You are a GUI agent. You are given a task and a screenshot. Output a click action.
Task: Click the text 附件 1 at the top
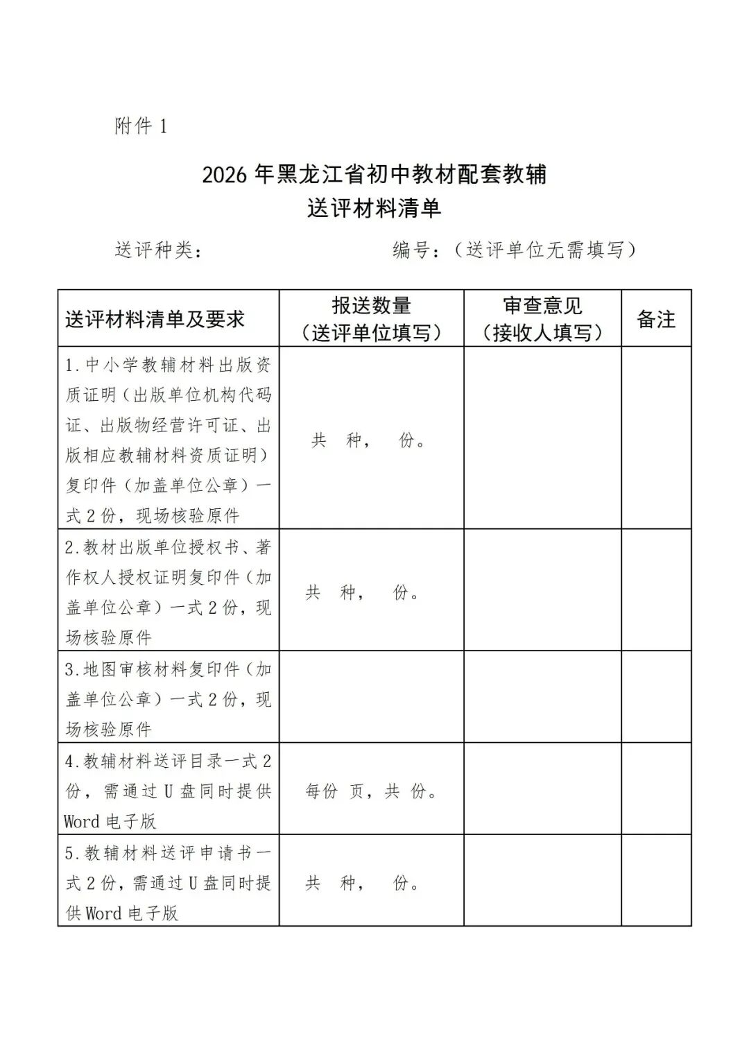[x=141, y=126]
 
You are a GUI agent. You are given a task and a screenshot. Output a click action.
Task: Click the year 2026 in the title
[x=224, y=175]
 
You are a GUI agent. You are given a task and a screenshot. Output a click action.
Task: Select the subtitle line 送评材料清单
[x=374, y=209]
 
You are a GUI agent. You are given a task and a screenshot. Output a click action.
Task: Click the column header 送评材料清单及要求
[x=155, y=319]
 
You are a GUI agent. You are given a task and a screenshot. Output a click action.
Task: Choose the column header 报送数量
[x=371, y=306]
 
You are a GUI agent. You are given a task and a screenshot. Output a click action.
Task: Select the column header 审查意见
[x=542, y=306]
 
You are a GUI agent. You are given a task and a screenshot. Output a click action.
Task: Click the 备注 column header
[x=655, y=319]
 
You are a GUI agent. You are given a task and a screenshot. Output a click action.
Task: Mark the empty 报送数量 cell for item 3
[x=371, y=697]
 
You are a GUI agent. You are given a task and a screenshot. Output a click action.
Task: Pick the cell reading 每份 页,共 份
[x=371, y=791]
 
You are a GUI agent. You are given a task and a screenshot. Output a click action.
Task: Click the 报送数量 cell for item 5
[x=371, y=882]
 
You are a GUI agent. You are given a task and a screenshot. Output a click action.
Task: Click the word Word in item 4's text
[x=82, y=822]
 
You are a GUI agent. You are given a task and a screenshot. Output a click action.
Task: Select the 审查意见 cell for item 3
[x=542, y=697]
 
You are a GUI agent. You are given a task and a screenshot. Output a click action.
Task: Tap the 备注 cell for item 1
[x=655, y=438]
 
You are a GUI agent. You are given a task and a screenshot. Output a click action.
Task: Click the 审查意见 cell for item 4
[x=542, y=789]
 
